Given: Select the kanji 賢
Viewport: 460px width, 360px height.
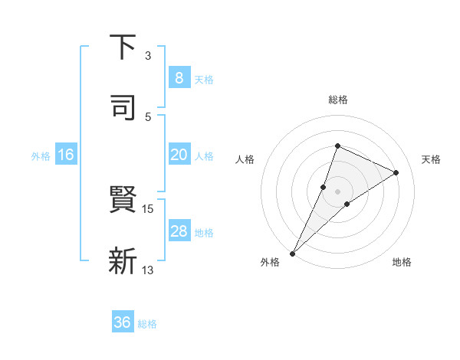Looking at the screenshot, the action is (123, 202).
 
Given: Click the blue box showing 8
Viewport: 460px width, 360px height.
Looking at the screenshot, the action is (179, 77).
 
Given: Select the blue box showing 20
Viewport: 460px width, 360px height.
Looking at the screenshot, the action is (179, 155).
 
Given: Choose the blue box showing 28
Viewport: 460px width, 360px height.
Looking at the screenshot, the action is (179, 231).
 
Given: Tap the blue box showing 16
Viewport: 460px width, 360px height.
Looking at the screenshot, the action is (65, 155).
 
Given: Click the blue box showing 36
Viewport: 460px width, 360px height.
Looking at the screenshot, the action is (122, 322).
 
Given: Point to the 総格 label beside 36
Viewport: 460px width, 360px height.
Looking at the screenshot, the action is (147, 324).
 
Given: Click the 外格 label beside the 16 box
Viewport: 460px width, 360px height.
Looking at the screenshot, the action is (41, 156).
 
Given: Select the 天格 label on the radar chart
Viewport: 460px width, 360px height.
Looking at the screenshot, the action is (432, 159).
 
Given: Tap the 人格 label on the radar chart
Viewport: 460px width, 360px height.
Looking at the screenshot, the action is (245, 159).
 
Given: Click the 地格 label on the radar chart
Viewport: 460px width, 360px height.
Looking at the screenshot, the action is (402, 263).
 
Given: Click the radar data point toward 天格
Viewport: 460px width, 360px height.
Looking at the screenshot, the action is (396, 172).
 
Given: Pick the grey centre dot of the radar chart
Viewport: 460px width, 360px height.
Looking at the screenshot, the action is (337, 191).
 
